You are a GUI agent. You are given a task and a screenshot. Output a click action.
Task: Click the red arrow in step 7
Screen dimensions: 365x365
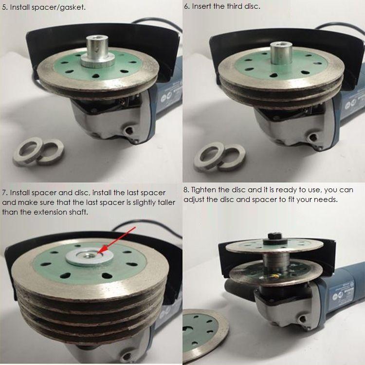[x=116, y=240]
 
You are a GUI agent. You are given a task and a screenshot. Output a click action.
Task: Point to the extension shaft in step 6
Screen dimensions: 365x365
[x=279, y=53]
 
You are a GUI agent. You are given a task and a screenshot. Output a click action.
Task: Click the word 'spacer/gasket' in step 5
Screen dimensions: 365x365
[x=58, y=7]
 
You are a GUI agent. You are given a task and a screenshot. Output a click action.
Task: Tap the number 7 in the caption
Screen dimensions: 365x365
[x=4, y=193]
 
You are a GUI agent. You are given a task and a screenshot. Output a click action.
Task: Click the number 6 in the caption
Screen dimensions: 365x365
[x=186, y=6]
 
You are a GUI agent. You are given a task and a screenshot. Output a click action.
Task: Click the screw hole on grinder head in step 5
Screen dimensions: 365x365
[x=128, y=130]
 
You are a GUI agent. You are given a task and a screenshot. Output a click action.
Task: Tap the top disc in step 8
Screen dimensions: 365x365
[x=274, y=246]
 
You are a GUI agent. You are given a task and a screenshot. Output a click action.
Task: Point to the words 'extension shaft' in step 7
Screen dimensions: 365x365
[x=61, y=212]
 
